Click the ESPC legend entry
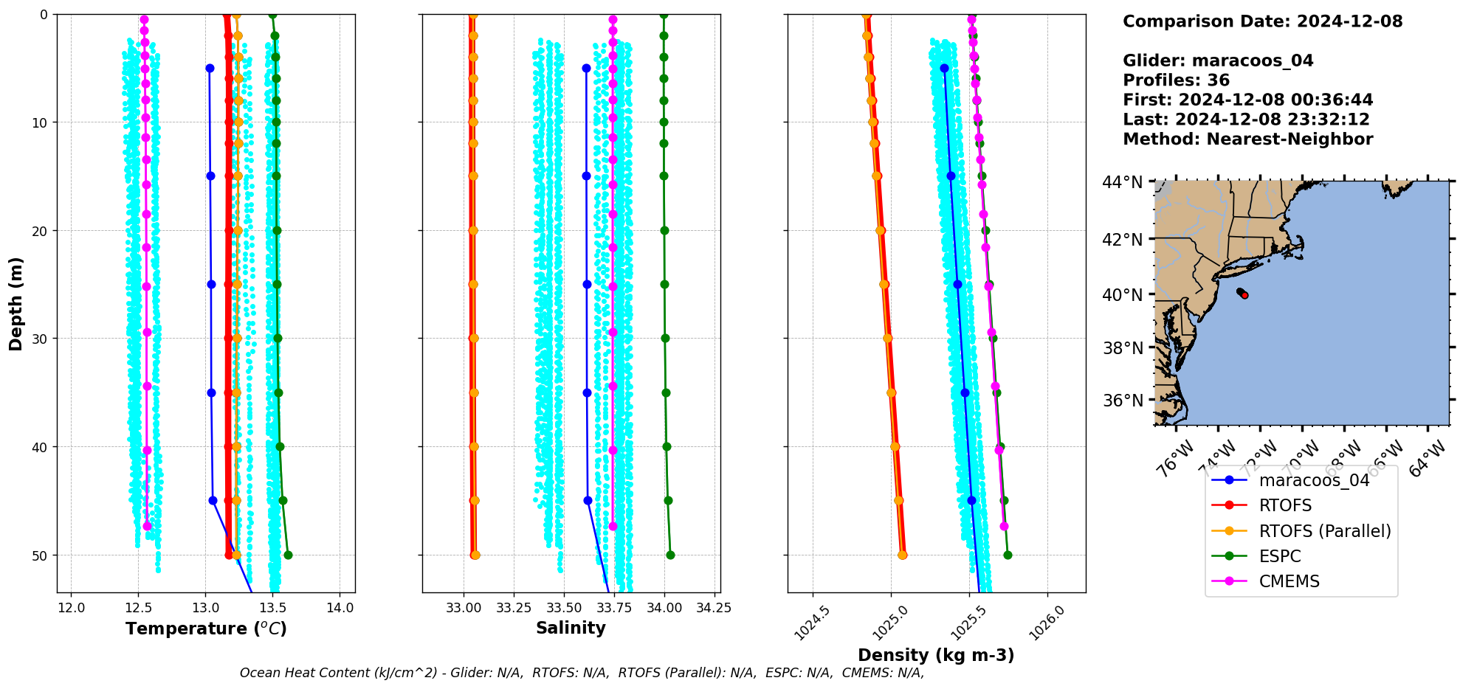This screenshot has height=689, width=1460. pos(1280,556)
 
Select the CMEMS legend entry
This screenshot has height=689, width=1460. pos(1289,581)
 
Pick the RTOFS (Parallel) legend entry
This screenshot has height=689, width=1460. pos(1324,531)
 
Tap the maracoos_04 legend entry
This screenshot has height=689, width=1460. pos(1314,480)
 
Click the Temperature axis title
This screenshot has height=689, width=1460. pos(206,629)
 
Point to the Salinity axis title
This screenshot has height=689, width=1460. pos(571,628)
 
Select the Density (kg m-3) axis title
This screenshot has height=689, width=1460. pos(936,655)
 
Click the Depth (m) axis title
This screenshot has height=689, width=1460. pos(16,303)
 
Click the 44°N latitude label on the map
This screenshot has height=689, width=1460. pos(1122,181)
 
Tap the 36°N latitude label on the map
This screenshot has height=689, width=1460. pos(1122,401)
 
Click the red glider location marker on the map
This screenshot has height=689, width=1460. pos(1244,295)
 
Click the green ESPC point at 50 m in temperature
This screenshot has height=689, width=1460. pos(288,555)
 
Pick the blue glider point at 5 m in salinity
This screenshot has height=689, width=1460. pos(586,68)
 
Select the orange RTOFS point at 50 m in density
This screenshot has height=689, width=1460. pos(902,555)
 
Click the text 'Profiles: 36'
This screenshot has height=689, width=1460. pos(1176,80)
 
